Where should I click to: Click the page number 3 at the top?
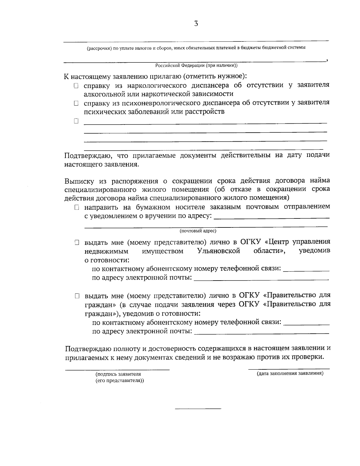pos(196,24)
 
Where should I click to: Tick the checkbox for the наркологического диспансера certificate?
pos(76,86)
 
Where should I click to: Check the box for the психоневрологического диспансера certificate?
pos(76,104)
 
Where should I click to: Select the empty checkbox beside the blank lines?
pos(76,122)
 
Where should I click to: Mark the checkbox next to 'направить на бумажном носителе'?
pos(77,208)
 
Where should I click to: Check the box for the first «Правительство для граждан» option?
pos(77,296)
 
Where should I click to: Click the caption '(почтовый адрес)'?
pos(198,231)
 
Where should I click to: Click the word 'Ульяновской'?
pos(219,251)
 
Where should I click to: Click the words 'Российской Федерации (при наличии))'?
pos(196,65)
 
